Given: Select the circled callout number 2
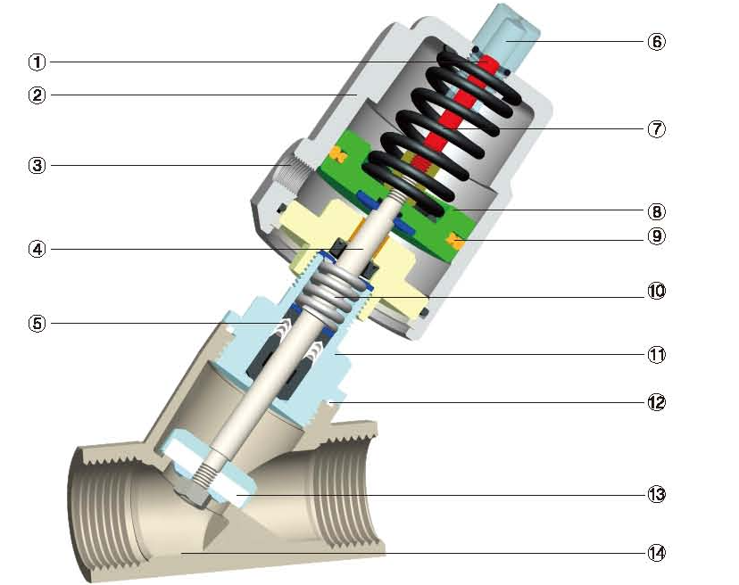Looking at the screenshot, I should [37, 95].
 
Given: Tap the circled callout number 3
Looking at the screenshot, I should [37, 165].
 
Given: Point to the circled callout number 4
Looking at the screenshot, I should [37, 249].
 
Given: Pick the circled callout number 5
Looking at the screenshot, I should [37, 323].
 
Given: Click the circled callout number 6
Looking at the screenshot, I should [657, 41].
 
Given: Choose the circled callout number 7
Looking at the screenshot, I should [657, 128].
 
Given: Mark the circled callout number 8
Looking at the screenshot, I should [657, 211].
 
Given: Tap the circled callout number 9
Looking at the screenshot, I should [657, 236].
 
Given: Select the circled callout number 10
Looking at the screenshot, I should [657, 292].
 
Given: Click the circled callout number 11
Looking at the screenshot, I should [657, 354].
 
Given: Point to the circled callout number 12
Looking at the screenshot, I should [657, 401].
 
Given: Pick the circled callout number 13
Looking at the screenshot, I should [657, 493].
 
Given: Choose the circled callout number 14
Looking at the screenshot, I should [657, 552].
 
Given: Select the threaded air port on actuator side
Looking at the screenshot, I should [290, 166].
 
